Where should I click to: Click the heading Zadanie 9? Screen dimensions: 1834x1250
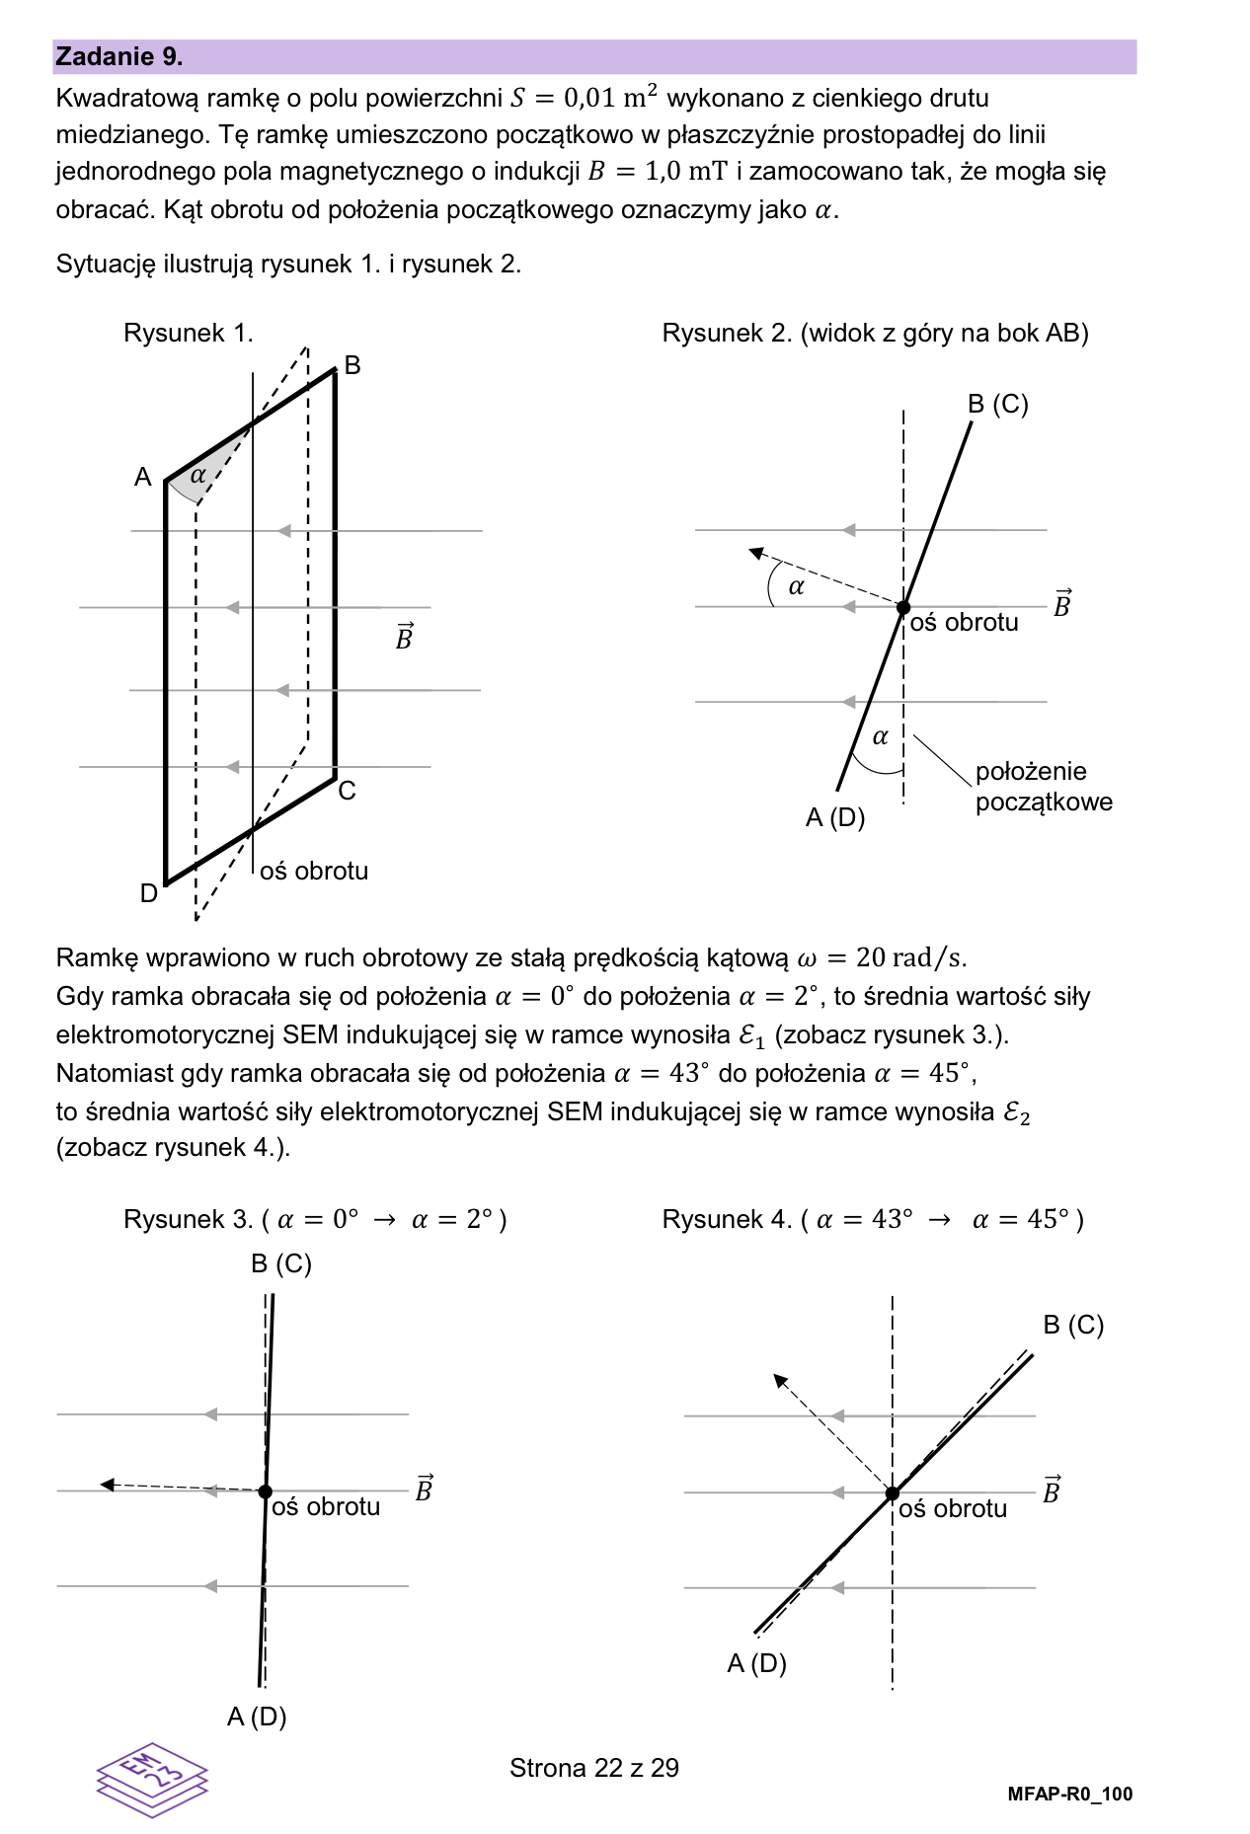pyautogui.click(x=119, y=57)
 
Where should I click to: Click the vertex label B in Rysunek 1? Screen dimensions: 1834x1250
pyautogui.click(x=352, y=366)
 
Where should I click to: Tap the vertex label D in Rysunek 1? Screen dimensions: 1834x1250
pyautogui.click(x=149, y=893)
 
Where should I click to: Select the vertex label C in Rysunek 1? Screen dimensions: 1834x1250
pyautogui.click(x=347, y=792)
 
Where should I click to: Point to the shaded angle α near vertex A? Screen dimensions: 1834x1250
pyautogui.click(x=198, y=475)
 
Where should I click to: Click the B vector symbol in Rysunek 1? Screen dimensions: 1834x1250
pyautogui.click(x=404, y=638)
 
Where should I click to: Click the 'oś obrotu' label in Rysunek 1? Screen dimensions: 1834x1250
pyautogui.click(x=314, y=872)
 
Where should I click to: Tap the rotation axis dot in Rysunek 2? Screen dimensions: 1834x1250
pyautogui.click(x=903, y=607)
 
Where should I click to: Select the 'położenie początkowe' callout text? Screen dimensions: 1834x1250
pyautogui.click(x=1044, y=787)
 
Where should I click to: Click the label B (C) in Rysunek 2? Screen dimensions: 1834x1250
pyautogui.click(x=997, y=405)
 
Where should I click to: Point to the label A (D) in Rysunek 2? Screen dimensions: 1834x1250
pyautogui.click(x=835, y=818)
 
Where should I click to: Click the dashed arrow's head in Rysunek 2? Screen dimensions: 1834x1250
pyautogui.click(x=756, y=553)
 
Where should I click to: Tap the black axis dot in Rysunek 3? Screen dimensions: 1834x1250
pyautogui.click(x=266, y=1491)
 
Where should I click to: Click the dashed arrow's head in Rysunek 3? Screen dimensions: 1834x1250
pyautogui.click(x=107, y=1485)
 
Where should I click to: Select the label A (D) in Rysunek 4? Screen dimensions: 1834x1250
pyautogui.click(x=756, y=1664)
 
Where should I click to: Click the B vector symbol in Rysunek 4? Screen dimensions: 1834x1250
pyautogui.click(x=1052, y=1490)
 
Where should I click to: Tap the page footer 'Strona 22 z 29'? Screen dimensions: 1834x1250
pyautogui.click(x=594, y=1768)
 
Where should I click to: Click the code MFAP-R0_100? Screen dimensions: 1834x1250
pyautogui.click(x=1069, y=1795)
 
